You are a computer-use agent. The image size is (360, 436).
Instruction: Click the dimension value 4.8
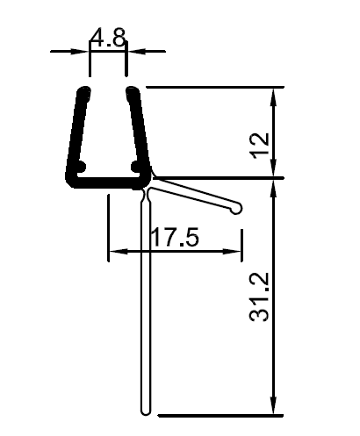pos(108,37)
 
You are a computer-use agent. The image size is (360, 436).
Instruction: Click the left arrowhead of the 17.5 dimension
pos(114,253)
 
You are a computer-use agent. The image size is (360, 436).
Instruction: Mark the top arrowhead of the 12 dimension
pos(277,94)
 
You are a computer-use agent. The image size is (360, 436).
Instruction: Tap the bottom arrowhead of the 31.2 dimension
pos(277,407)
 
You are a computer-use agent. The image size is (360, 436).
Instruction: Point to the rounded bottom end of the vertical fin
pos(146,409)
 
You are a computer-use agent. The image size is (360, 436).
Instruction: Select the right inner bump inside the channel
pos(135,164)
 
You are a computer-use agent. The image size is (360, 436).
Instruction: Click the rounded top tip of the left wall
pos(84,90)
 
